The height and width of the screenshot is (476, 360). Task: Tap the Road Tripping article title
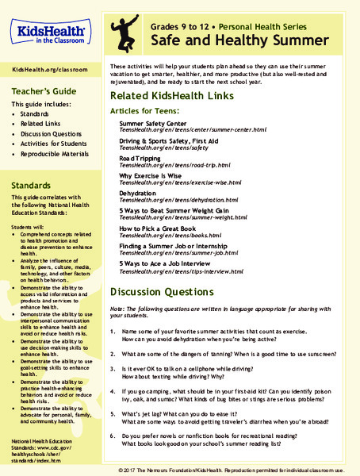(140, 158)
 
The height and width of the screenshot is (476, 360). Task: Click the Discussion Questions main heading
(164, 290)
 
